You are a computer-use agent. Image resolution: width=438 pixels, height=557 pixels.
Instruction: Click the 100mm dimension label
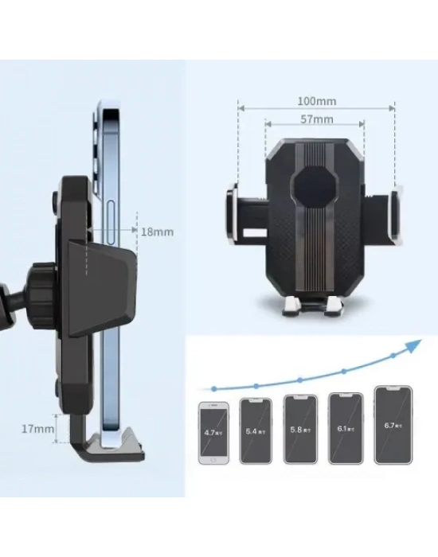pyautogui.click(x=315, y=101)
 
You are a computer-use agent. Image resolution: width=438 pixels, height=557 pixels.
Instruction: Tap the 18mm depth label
pyautogui.click(x=157, y=232)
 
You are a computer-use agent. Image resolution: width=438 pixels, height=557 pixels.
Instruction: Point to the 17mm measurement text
pyautogui.click(x=38, y=429)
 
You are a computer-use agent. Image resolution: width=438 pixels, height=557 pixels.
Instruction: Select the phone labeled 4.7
pyautogui.click(x=212, y=432)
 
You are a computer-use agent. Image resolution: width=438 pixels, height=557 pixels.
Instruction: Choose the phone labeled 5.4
pyautogui.click(x=255, y=430)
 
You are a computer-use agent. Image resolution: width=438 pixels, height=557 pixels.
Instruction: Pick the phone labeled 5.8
pyautogui.click(x=299, y=429)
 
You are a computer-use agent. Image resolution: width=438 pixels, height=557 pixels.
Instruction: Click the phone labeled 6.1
pyautogui.click(x=344, y=427)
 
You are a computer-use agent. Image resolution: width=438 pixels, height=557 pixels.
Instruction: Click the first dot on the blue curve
pyautogui.click(x=213, y=388)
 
